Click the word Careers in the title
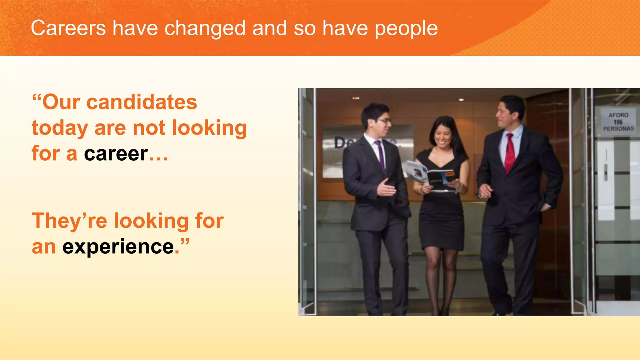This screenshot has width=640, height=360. [x=68, y=28]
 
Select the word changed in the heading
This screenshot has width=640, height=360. [x=205, y=28]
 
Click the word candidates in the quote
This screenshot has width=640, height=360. [x=142, y=102]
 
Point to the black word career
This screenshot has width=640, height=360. [x=116, y=153]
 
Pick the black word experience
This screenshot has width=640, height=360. [x=118, y=247]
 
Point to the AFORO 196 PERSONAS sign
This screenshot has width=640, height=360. [x=618, y=122]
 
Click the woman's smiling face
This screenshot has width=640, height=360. [x=443, y=137]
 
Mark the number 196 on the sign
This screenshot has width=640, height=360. [x=618, y=122]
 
